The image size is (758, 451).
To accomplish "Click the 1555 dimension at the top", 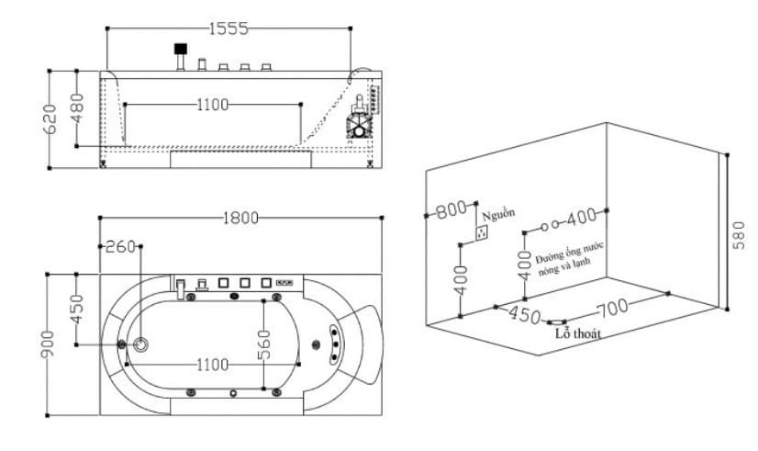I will tap(229, 28).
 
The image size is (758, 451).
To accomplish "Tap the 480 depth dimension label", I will tap(77, 107).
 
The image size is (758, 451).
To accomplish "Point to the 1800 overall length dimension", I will tap(240, 218).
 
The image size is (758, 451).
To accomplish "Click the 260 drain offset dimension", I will tap(120, 246).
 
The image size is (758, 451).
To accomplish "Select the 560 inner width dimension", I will tap(264, 345).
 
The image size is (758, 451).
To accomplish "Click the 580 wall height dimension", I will tap(740, 235).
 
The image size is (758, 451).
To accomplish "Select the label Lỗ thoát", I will tap(578, 334).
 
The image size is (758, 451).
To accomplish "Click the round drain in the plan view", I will tap(142, 344).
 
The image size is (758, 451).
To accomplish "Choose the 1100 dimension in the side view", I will tap(212, 105).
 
